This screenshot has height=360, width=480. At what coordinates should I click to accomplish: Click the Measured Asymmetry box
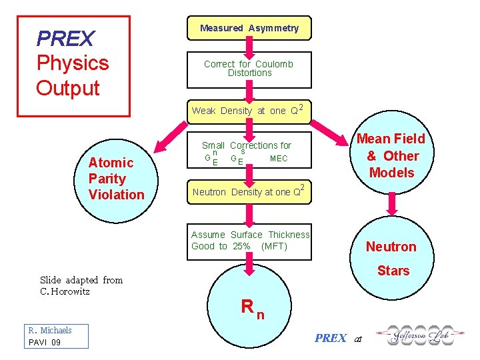pyautogui.click(x=249, y=28)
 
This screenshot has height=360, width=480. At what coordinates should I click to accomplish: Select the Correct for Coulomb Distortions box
pyautogui.click(x=248, y=69)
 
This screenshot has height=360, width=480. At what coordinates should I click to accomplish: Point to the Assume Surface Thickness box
pyautogui.click(x=250, y=241)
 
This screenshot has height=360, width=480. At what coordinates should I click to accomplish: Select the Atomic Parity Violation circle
pyautogui.click(x=116, y=178)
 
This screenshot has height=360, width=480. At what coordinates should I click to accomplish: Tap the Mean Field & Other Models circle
pyautogui.click(x=391, y=155)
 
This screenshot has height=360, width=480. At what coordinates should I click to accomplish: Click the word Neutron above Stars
pyautogui.click(x=391, y=247)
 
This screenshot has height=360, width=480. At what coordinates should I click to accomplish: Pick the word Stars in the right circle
pyautogui.click(x=393, y=271)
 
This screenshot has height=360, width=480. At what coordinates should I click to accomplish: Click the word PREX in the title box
pyautogui.click(x=65, y=39)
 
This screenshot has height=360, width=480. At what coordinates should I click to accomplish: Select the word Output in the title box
pyautogui.click(x=67, y=88)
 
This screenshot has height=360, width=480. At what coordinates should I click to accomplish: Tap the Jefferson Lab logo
pyautogui.click(x=413, y=336)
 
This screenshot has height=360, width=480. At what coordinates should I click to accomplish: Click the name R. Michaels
pyautogui.click(x=49, y=330)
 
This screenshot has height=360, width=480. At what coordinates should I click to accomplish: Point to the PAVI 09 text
pyautogui.click(x=44, y=342)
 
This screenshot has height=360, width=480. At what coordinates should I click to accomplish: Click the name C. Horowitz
pyautogui.click(x=65, y=291)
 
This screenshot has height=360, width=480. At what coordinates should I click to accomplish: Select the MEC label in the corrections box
pyautogui.click(x=279, y=159)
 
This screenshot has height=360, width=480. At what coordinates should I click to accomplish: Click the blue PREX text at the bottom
pyautogui.click(x=331, y=338)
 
